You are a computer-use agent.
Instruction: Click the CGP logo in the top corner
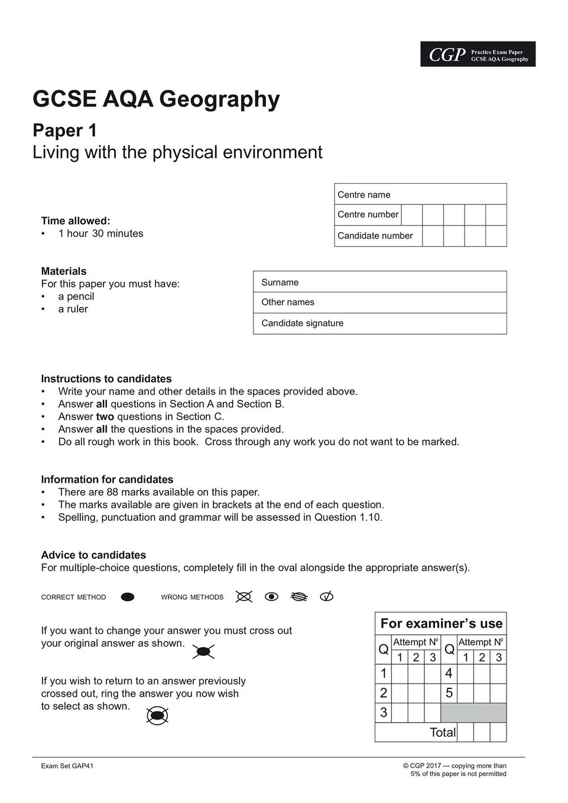[447, 54]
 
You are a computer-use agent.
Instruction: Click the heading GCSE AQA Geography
[156, 99]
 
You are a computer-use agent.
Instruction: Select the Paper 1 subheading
[64, 130]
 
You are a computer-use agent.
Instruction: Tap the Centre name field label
[363, 194]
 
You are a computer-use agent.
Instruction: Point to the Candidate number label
[375, 236]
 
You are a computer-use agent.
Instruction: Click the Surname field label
[280, 282]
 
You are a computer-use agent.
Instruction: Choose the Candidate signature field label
[302, 323]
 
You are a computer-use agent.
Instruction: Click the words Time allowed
[75, 221]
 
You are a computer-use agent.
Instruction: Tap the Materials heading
[63, 271]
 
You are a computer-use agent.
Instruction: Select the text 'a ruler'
[73, 309]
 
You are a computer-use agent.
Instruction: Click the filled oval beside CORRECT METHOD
[128, 597]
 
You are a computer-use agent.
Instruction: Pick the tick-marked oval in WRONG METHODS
[326, 596]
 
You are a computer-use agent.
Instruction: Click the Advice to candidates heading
[93, 555]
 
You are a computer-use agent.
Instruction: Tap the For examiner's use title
[441, 623]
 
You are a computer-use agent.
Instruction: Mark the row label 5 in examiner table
[449, 693]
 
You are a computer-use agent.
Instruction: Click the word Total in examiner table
[443, 733]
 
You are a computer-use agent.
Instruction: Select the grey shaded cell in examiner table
[473, 713]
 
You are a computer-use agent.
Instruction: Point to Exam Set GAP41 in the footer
[67, 766]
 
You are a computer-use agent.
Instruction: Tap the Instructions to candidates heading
[106, 378]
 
